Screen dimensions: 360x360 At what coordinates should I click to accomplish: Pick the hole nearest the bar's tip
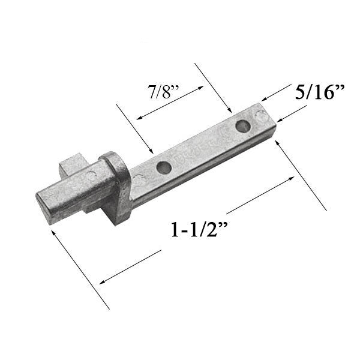[242, 127]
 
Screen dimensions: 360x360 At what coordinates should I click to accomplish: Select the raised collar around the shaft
[116, 183]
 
